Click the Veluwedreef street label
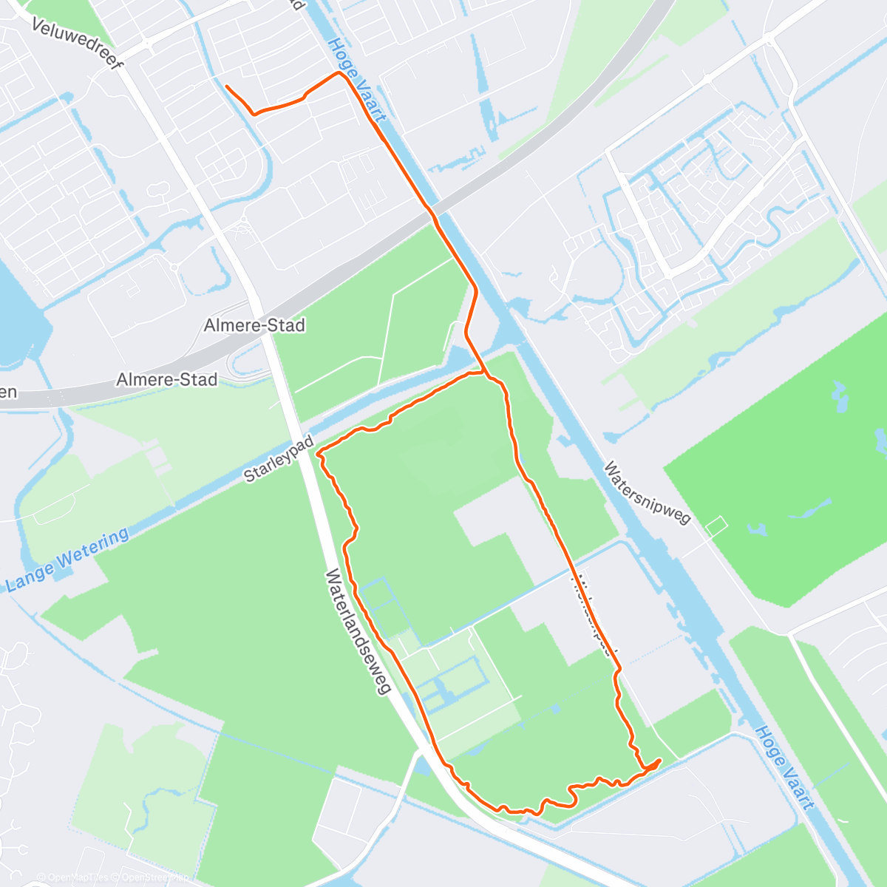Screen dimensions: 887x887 click(x=77, y=41)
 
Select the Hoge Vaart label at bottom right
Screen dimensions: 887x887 click(x=784, y=767)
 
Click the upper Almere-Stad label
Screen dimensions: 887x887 click(x=254, y=325)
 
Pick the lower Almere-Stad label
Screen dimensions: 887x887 click(x=167, y=380)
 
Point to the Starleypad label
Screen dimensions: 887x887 click(x=279, y=460)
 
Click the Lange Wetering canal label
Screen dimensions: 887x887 click(x=67, y=560)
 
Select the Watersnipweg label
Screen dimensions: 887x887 click(x=647, y=492)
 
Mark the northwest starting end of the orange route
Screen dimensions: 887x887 click(x=226, y=86)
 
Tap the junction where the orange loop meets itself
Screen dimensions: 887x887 click(x=484, y=373)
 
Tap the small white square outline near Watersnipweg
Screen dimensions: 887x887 click(x=716, y=526)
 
